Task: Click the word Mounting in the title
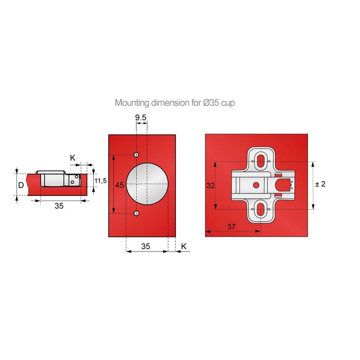coord(131,103)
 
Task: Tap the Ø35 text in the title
coord(211,103)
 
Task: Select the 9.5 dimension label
coord(141,118)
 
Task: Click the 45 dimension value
coord(119,185)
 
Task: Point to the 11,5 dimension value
coord(101,181)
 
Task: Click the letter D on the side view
coord(21,185)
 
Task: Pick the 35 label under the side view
coord(59,206)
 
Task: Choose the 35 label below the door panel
coord(146,247)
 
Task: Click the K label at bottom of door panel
coord(184,247)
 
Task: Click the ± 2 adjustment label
coord(319,184)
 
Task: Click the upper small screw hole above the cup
coord(136,155)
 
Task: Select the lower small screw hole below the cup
coord(136,213)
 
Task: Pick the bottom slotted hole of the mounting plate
coord(261,209)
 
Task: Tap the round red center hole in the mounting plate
coord(255,185)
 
